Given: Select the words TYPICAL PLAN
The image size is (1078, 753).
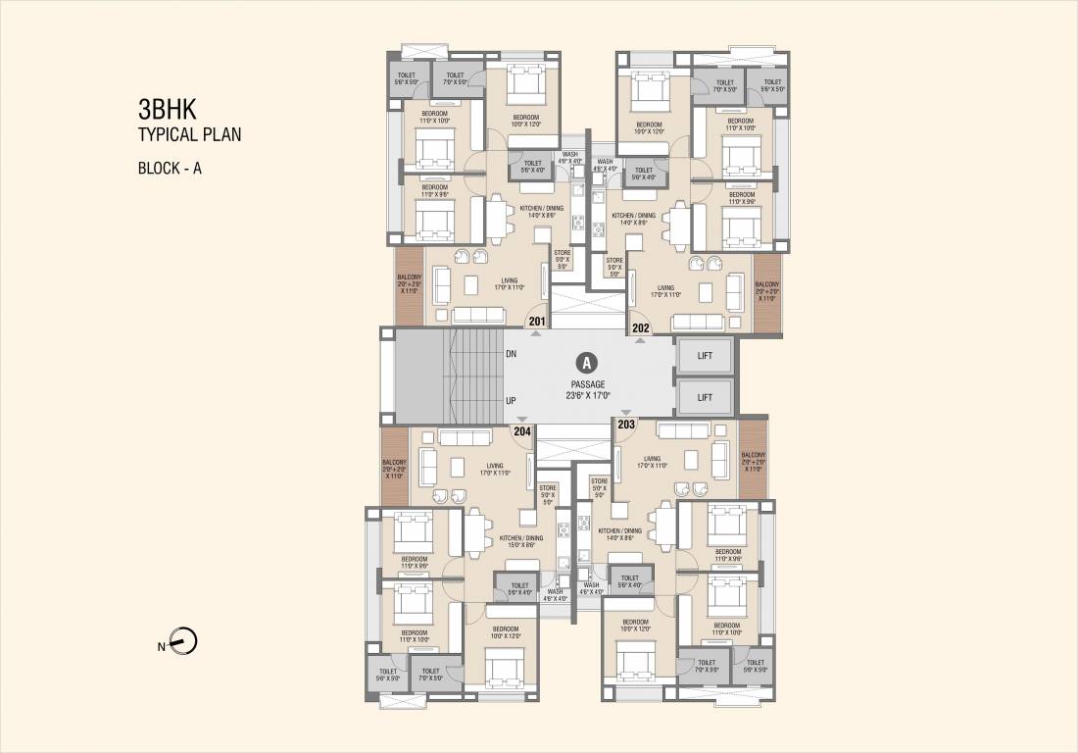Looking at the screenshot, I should click(189, 135).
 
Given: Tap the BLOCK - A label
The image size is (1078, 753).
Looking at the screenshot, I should click(170, 168).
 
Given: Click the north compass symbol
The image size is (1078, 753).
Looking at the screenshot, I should click(183, 643).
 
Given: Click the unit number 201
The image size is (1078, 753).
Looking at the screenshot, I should click(537, 321).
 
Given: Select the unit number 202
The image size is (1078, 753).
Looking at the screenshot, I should click(641, 328).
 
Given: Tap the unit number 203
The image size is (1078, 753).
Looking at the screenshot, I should click(625, 424).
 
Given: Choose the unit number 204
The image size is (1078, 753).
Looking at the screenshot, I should click(521, 429).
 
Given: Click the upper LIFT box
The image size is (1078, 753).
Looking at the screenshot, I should click(705, 357).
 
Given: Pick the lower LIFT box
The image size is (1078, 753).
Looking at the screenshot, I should click(705, 397).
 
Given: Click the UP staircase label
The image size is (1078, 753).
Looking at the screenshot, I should click(511, 401).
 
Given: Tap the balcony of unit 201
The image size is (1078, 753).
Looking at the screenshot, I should click(408, 285).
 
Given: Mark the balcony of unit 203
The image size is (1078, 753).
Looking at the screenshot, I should click(753, 460).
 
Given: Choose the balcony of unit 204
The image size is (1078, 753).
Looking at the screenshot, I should click(394, 468).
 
